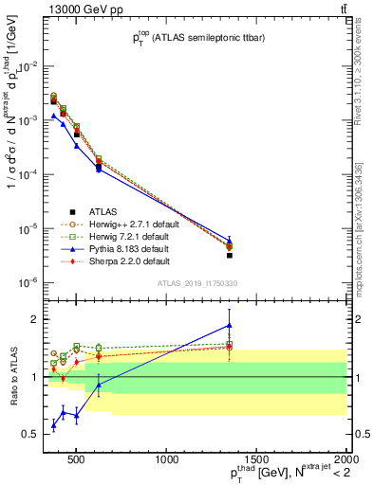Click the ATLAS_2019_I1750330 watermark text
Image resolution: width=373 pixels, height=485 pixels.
click(196, 283)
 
